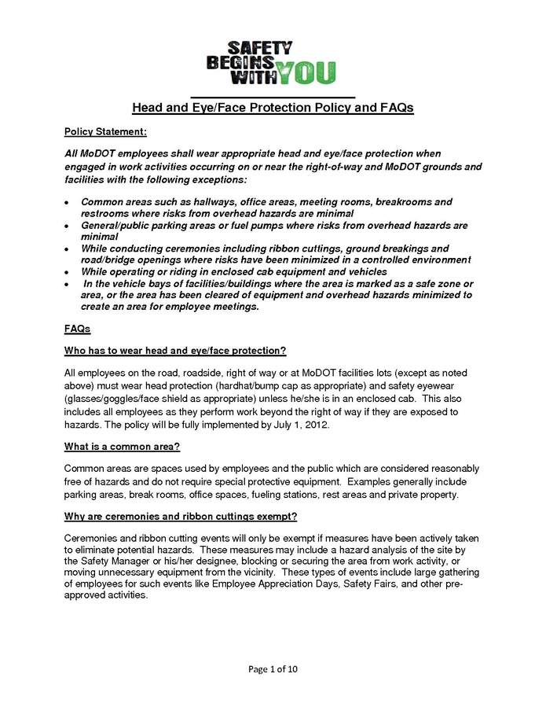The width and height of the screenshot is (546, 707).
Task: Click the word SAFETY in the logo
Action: click(x=262, y=47)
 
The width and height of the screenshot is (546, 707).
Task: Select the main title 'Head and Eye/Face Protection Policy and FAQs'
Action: click(x=273, y=108)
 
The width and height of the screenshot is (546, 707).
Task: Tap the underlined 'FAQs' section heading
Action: click(x=77, y=327)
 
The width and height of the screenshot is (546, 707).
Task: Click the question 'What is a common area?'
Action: click(x=122, y=447)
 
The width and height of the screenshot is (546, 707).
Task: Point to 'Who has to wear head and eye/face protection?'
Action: click(x=174, y=349)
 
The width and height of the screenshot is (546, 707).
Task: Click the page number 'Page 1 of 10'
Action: click(x=273, y=669)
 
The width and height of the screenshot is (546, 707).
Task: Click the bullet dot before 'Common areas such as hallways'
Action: click(x=68, y=203)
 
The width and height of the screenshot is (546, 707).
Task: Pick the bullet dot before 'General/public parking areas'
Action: click(x=68, y=226)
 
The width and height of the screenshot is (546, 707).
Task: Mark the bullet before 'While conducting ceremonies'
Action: click(x=68, y=249)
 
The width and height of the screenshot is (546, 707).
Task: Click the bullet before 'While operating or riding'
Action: click(x=68, y=271)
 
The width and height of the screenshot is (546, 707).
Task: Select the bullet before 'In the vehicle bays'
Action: click(x=68, y=283)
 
